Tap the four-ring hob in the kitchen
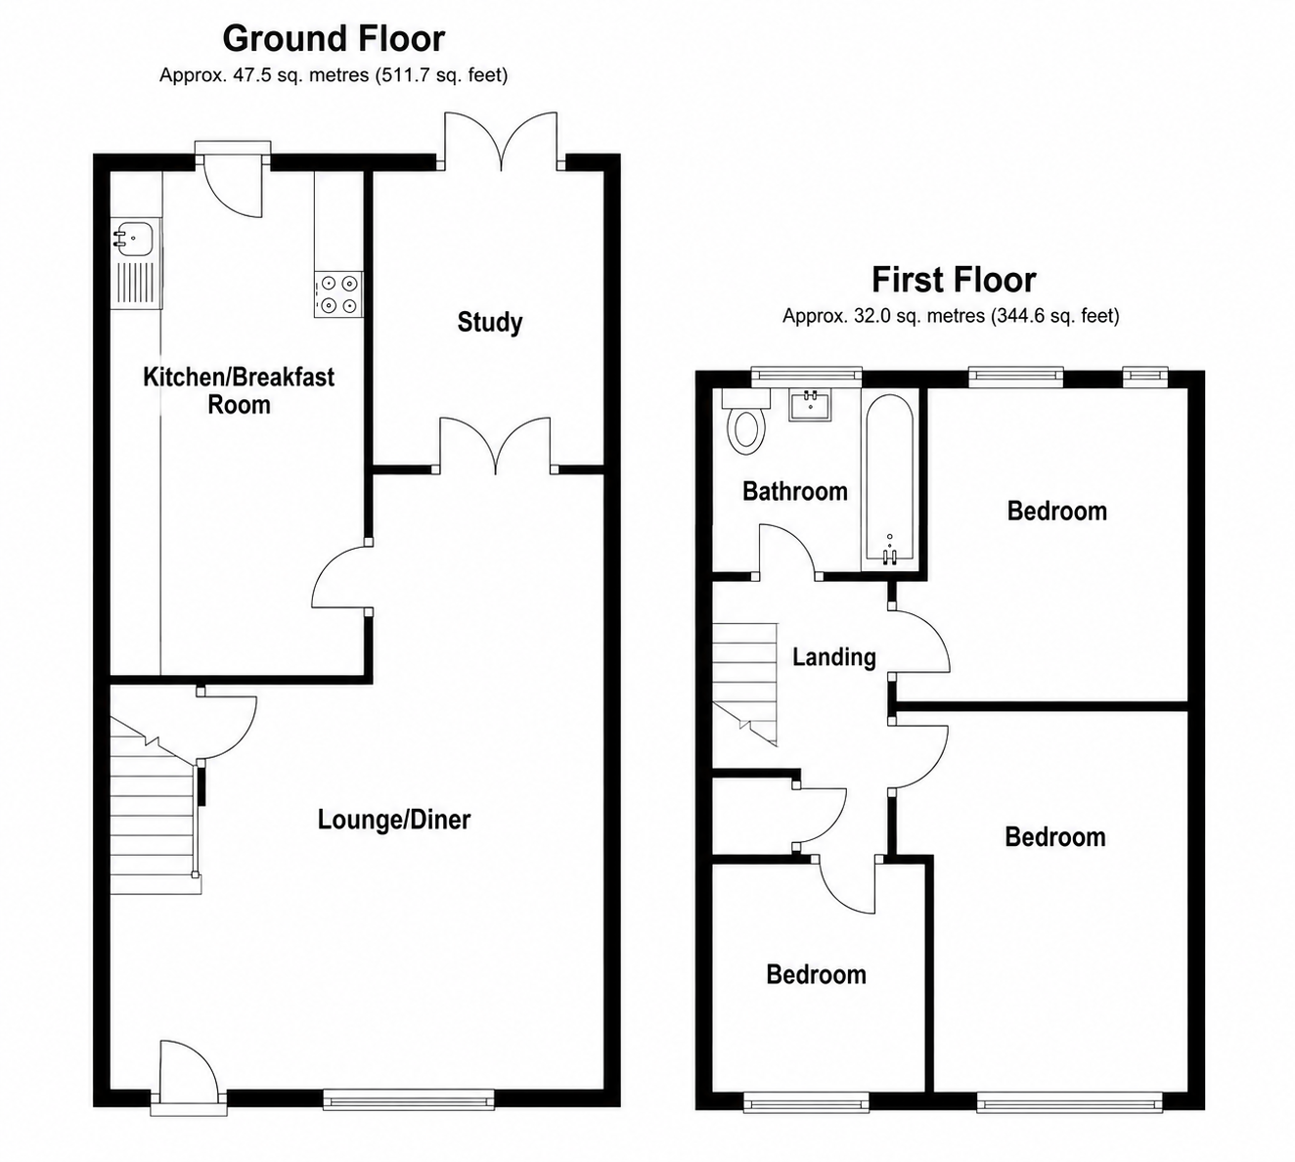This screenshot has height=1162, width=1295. pyautogui.click(x=338, y=294)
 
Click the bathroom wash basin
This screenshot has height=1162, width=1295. pyautogui.click(x=811, y=405)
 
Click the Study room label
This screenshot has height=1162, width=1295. pyautogui.click(x=490, y=322)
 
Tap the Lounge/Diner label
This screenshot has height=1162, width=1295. pyautogui.click(x=394, y=820)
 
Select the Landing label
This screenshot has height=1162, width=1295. pyautogui.click(x=834, y=656)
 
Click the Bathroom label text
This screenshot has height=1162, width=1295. pyautogui.click(x=795, y=491)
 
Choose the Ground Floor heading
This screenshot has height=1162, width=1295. pyautogui.click(x=334, y=38)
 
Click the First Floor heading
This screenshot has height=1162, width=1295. pyautogui.click(x=954, y=280)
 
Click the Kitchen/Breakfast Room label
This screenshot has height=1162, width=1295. pyautogui.click(x=239, y=390)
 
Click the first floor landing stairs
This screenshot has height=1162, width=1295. pyautogui.click(x=744, y=685)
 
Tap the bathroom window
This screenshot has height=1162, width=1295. pyautogui.click(x=806, y=376)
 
